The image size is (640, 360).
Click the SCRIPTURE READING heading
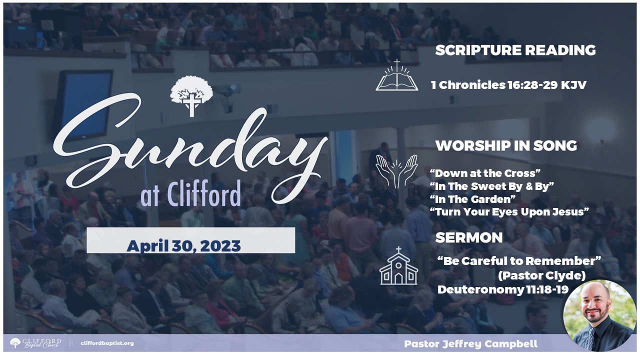click(x=515, y=50)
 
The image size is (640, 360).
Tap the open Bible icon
click(x=397, y=75)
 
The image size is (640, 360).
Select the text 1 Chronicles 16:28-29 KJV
click(x=509, y=85)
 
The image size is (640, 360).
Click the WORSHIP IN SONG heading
click(x=506, y=145)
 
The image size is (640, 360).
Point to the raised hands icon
click(x=396, y=171)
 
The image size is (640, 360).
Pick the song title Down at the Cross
click(x=485, y=173)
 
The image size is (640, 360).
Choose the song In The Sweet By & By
click(x=491, y=186)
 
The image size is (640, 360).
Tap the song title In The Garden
click(x=472, y=199)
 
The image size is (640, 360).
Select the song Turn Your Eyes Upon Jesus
click(x=509, y=212)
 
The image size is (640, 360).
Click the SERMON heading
click(x=469, y=237)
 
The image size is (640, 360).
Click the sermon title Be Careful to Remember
click(x=519, y=261)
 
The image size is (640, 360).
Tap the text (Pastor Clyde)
click(x=541, y=275)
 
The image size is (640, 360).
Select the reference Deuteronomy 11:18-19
click(x=503, y=289)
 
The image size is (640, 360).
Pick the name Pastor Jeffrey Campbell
click(x=470, y=343)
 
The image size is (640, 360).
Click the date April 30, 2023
click(x=183, y=246)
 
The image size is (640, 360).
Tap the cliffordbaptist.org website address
click(x=107, y=343)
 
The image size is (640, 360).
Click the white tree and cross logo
click(x=191, y=96)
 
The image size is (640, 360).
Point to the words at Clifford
click(x=190, y=193)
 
